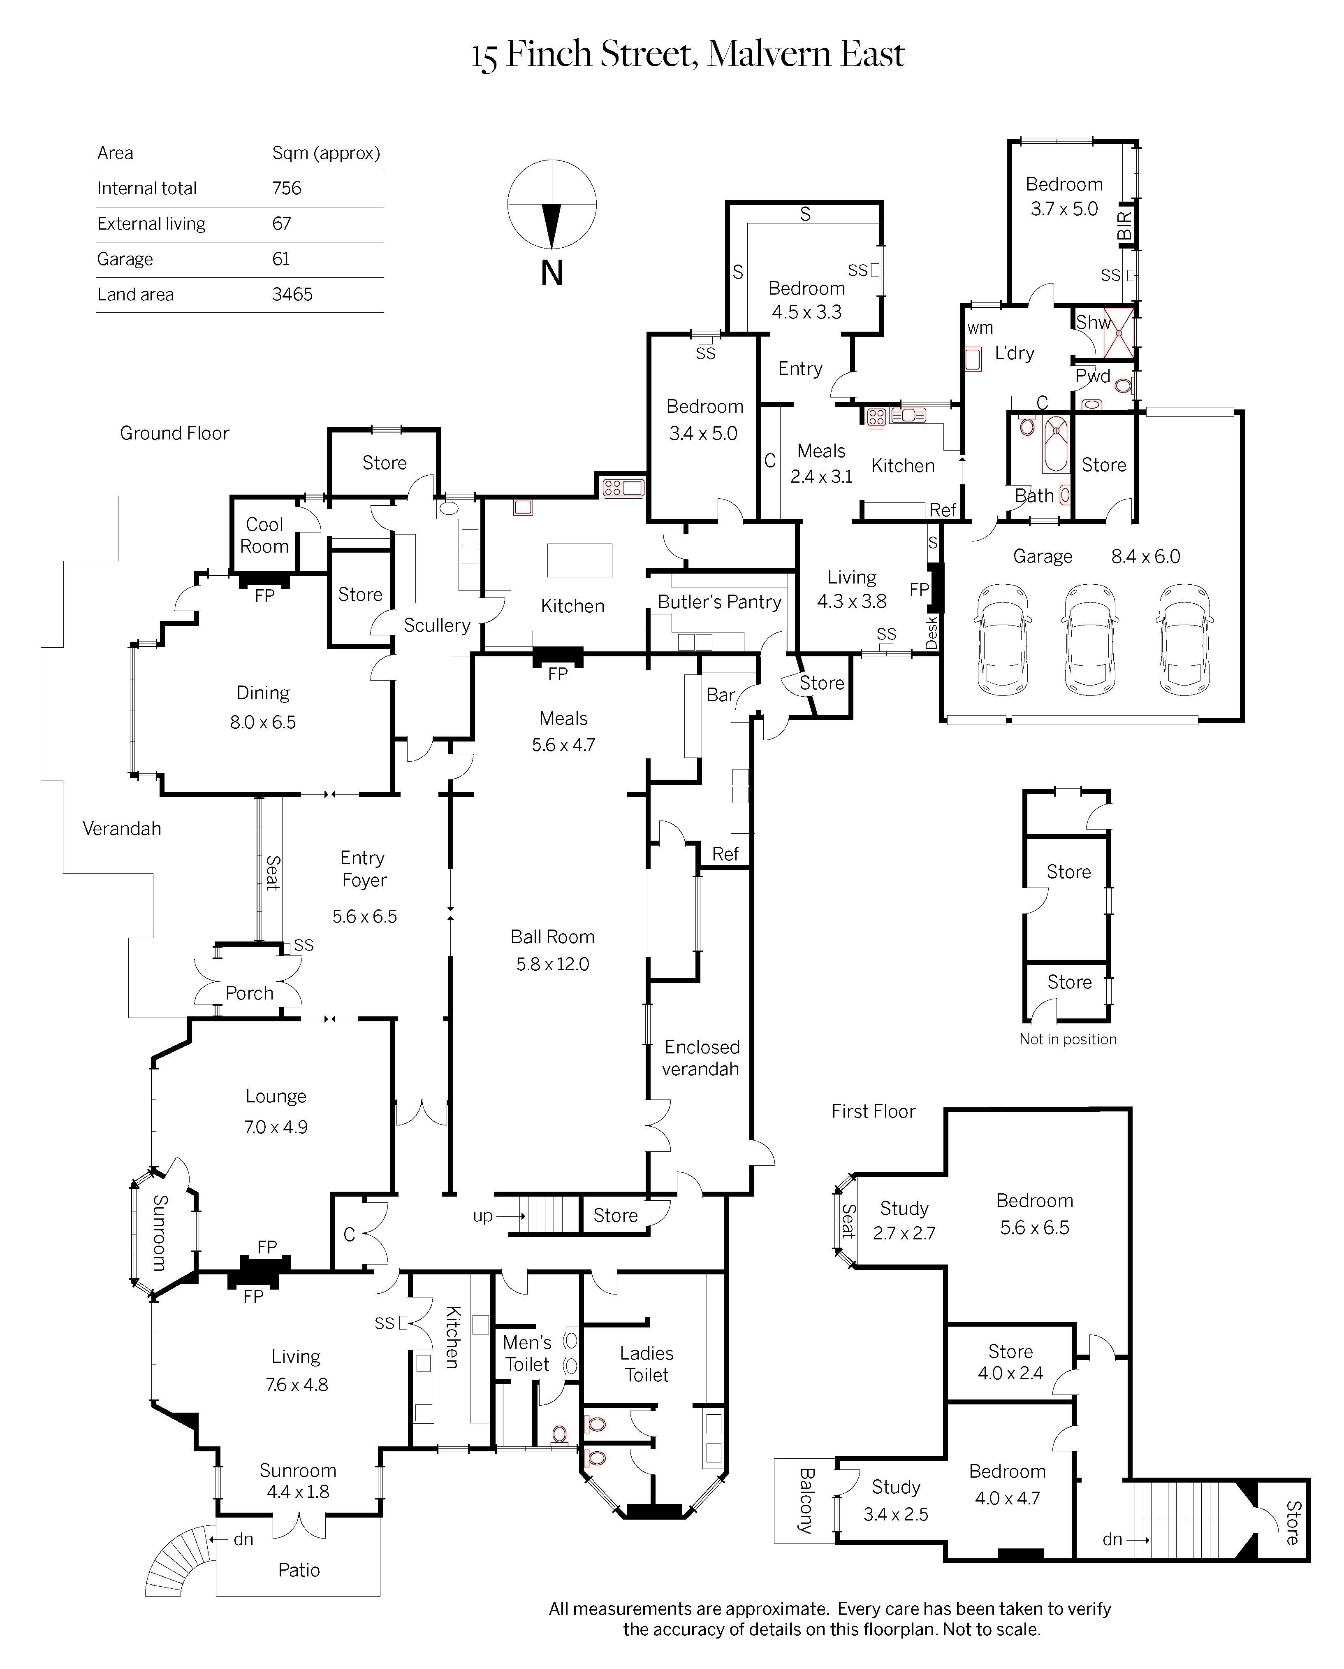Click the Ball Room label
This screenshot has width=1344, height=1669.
[x=552, y=937]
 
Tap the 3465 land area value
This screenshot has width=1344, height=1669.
[x=292, y=294]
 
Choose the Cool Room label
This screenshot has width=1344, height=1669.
[x=264, y=535]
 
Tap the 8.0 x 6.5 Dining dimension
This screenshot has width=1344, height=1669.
[x=262, y=722]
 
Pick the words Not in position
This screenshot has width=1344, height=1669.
[x=1068, y=1039]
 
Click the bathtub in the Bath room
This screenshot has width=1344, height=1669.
[x=1055, y=444]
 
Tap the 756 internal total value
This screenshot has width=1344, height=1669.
[x=287, y=188]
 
